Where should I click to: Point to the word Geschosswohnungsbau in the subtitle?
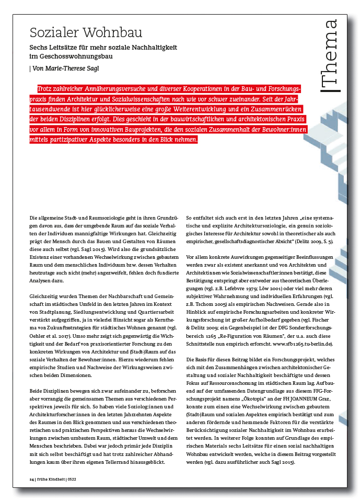point(75,56)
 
